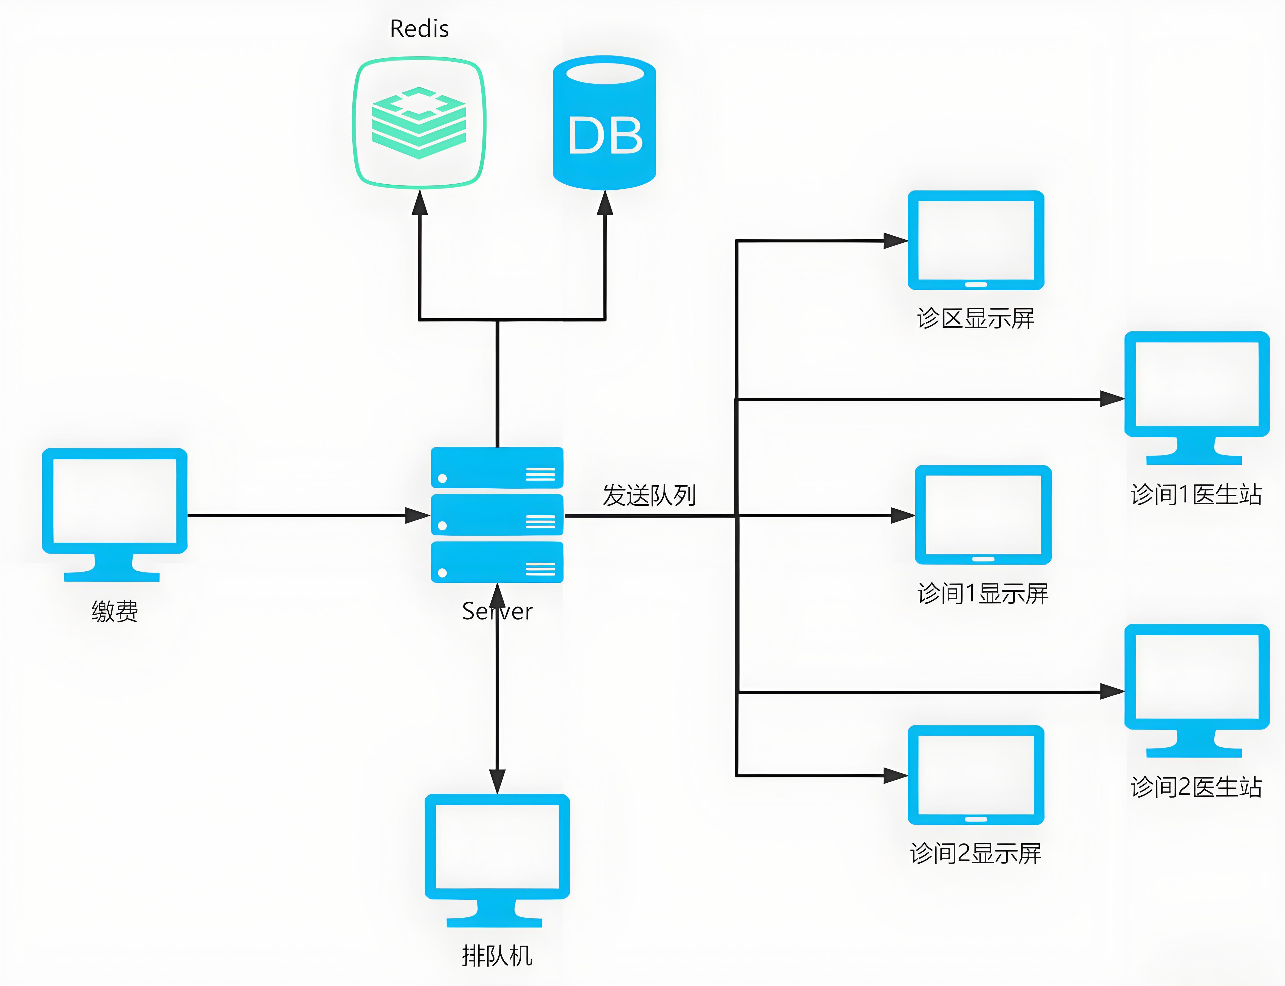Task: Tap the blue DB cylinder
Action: (604, 123)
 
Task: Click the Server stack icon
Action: (497, 515)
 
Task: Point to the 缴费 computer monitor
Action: (114, 508)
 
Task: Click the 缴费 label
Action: (114, 611)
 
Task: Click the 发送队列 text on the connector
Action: (649, 495)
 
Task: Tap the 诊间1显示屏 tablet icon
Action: (983, 515)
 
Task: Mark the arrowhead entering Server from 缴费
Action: (418, 515)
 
